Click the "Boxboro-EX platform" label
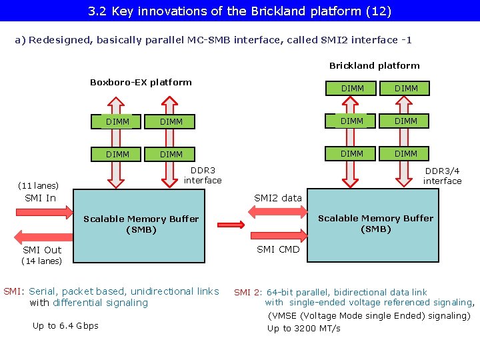tap(141, 82)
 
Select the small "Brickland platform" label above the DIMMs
tap(374, 65)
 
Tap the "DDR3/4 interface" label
tap(442, 175)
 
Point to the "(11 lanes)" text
tap(38, 185)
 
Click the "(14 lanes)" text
tap(41, 261)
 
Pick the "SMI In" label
tap(40, 198)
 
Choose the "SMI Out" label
tap(43, 250)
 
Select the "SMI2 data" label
tap(278, 198)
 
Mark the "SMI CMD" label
tap(278, 249)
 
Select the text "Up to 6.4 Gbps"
tap(65, 325)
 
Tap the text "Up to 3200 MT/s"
tap(303, 328)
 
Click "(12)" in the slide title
tap(379, 11)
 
